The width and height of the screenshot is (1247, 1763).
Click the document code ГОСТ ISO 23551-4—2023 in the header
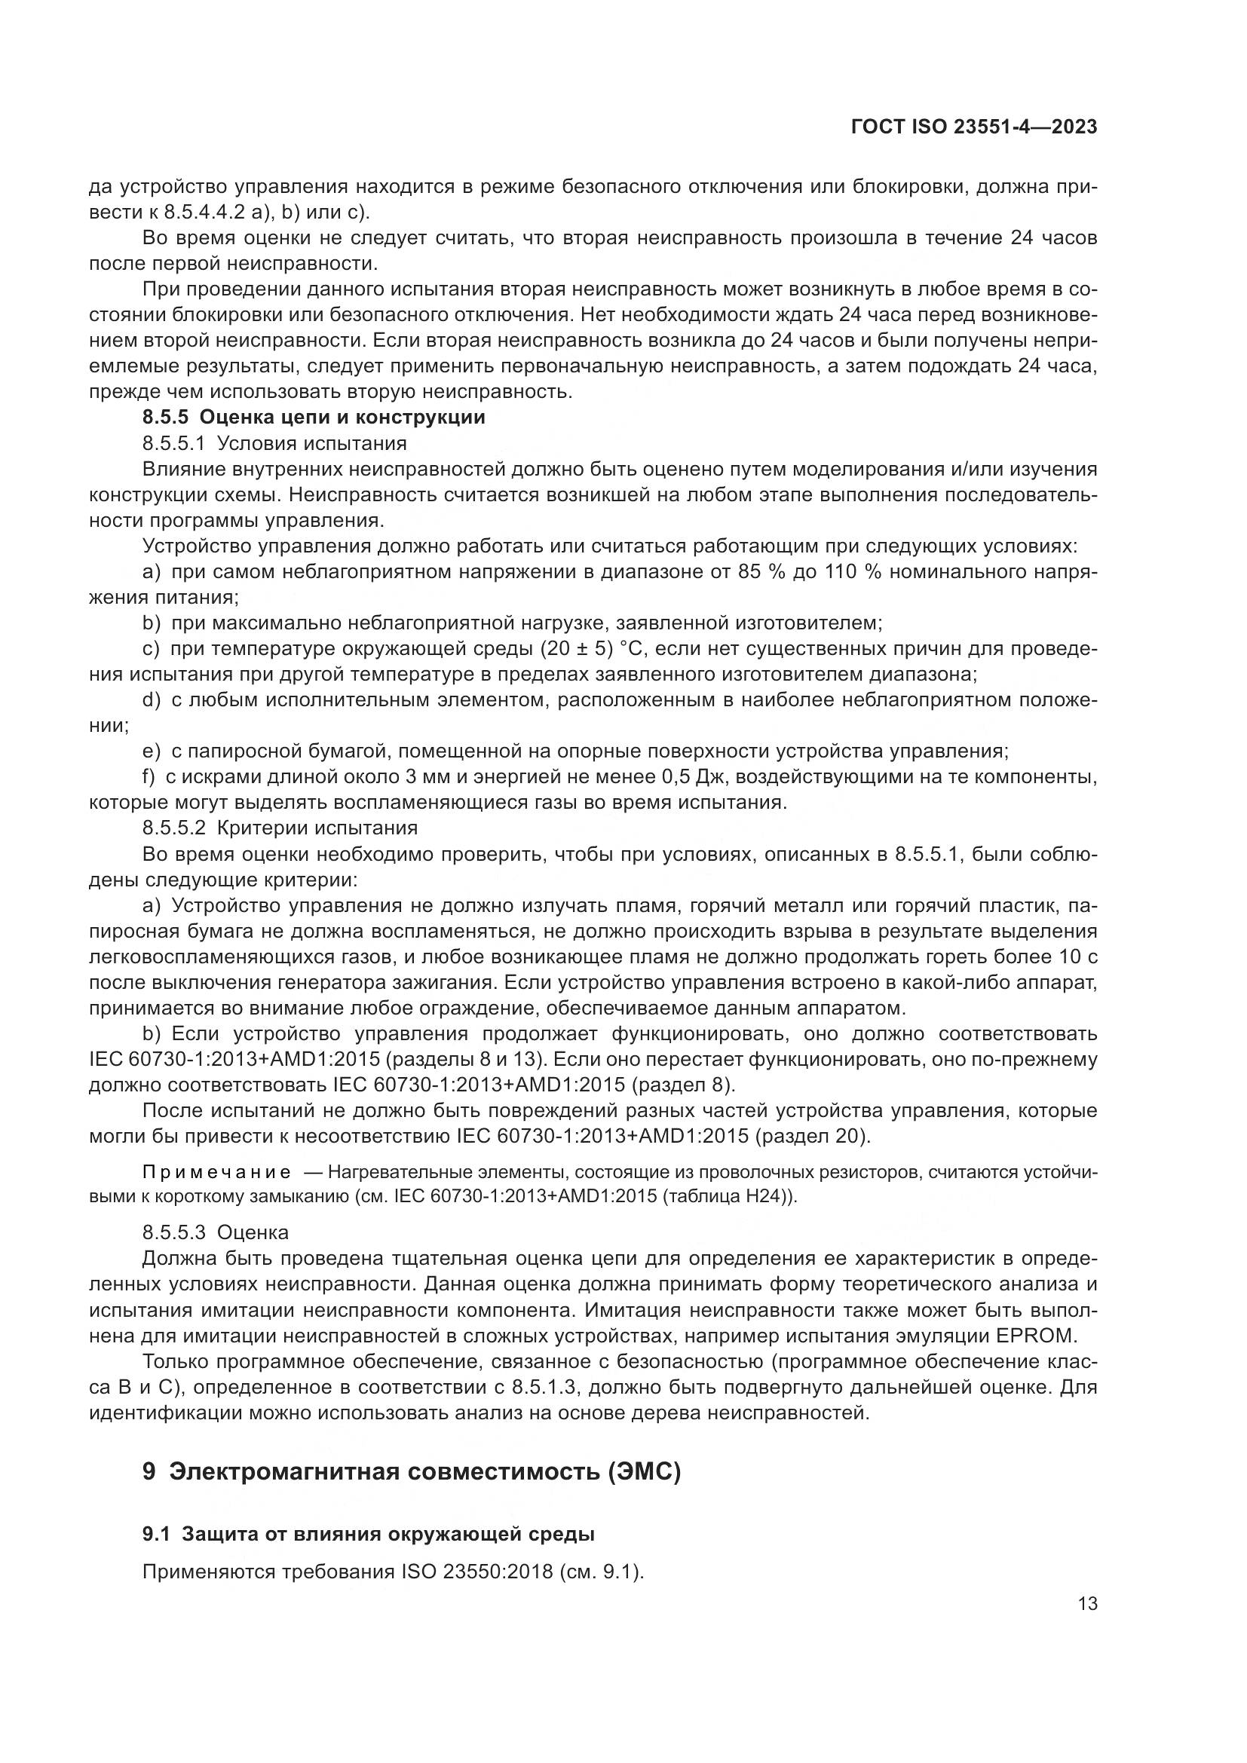(x=973, y=127)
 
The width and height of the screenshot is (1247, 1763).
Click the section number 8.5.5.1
(x=174, y=444)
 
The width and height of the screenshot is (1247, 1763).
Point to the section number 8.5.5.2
(x=174, y=828)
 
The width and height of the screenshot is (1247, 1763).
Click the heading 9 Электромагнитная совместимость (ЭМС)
(x=412, y=1472)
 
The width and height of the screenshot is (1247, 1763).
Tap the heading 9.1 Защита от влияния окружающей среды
(x=369, y=1534)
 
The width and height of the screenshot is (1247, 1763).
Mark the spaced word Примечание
(x=216, y=1173)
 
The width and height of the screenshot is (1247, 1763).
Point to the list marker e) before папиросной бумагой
(x=152, y=751)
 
